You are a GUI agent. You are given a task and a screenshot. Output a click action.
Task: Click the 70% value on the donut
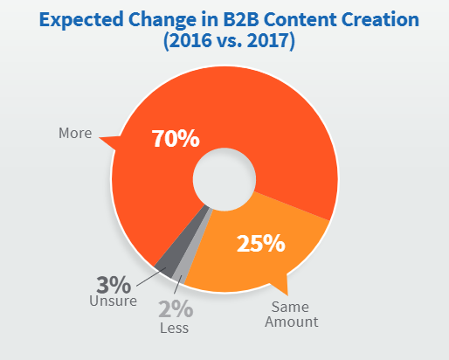tap(176, 139)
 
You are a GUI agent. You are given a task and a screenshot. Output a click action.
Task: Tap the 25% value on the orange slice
tap(261, 243)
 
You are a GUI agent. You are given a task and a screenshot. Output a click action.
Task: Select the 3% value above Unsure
tap(114, 285)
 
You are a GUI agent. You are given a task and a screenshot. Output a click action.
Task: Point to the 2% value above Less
tap(176, 308)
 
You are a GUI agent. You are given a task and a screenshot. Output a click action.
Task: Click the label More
tap(75, 133)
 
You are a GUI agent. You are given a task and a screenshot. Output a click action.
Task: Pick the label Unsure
tap(113, 301)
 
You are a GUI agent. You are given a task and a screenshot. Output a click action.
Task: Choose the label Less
tap(174, 328)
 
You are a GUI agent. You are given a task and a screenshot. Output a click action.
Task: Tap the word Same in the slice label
tap(290, 307)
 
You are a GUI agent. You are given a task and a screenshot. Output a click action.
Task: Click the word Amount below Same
tap(292, 322)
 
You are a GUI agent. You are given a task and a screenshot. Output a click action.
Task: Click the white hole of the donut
tap(224, 179)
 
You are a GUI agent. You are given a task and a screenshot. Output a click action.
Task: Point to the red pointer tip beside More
tap(99, 138)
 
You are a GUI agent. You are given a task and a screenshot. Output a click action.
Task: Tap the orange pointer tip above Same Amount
tap(287, 295)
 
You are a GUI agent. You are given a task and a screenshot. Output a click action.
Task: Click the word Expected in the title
tap(81, 20)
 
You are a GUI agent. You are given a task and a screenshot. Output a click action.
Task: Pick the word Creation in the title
tap(380, 19)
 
